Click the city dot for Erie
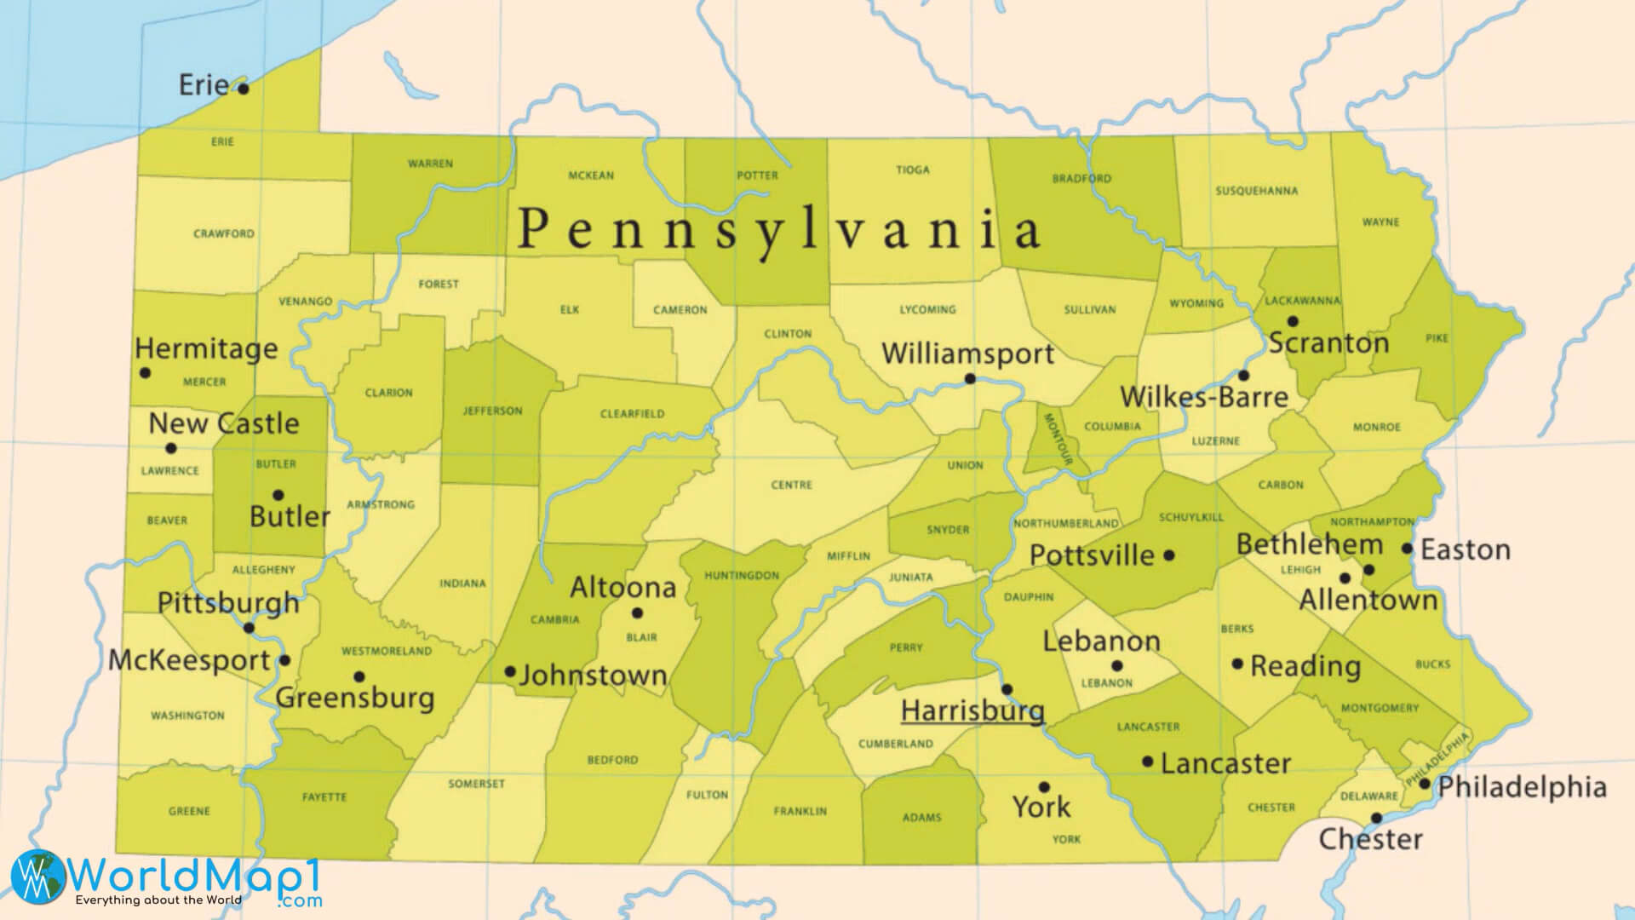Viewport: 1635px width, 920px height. pyautogui.click(x=243, y=89)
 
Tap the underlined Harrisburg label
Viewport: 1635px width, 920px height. pyautogui.click(x=972, y=710)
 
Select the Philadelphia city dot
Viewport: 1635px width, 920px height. pyautogui.click(x=1424, y=783)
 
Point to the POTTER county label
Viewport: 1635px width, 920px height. pyautogui.click(x=757, y=175)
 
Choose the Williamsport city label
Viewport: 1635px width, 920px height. pyautogui.click(x=968, y=354)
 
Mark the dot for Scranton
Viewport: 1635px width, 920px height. pyautogui.click(x=1293, y=321)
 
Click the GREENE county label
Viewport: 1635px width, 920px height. pyautogui.click(x=189, y=811)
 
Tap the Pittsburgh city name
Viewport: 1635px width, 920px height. pyautogui.click(x=228, y=602)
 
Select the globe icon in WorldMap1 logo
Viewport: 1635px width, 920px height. pyautogui.click(x=37, y=877)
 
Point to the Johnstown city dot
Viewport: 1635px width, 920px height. pyautogui.click(x=510, y=671)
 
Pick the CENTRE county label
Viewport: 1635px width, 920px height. pyautogui.click(x=791, y=485)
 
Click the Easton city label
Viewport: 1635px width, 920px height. pyautogui.click(x=1466, y=549)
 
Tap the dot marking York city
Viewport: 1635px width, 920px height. pyautogui.click(x=1044, y=787)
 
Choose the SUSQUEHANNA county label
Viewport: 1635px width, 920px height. pyautogui.click(x=1256, y=191)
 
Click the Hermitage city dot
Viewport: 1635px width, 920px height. pyautogui.click(x=145, y=372)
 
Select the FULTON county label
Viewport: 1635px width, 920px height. pyautogui.click(x=707, y=795)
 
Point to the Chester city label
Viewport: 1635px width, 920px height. pyautogui.click(x=1370, y=839)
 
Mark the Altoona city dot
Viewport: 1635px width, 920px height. pyautogui.click(x=637, y=612)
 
